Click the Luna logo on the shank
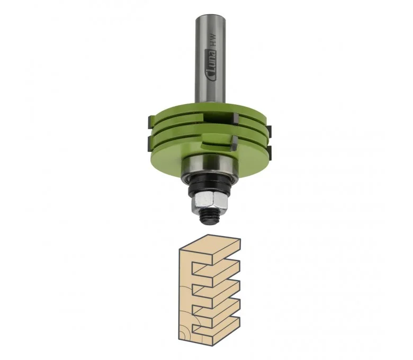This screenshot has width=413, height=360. tap(212, 66)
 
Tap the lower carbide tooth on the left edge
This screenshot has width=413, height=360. tap(150, 143)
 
